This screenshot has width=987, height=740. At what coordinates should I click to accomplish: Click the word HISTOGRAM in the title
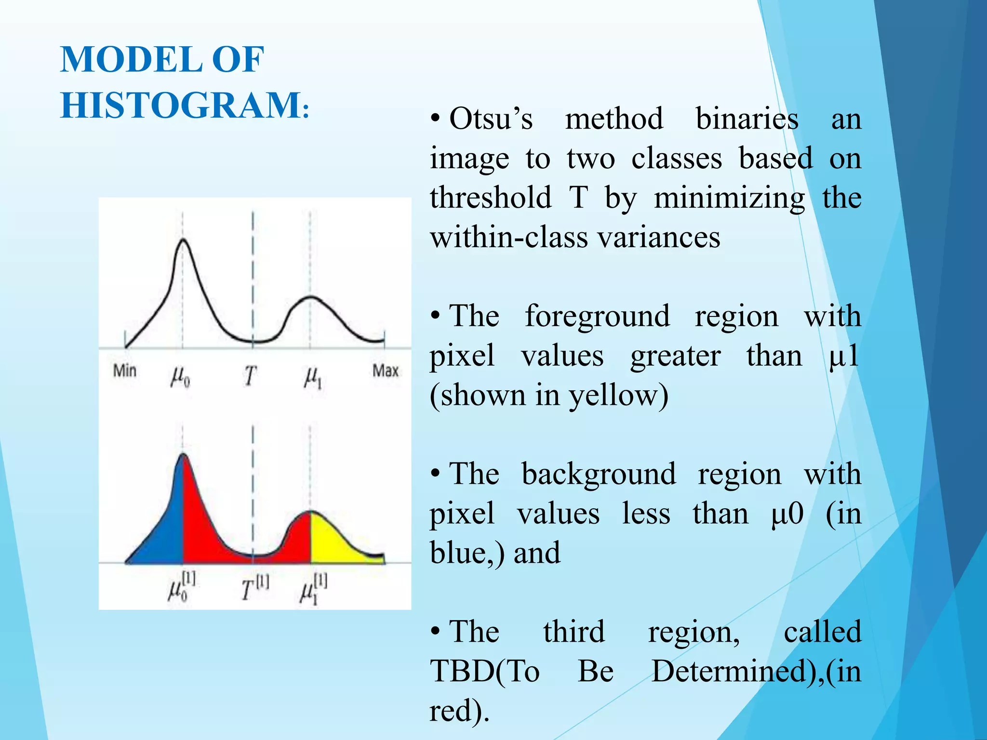[181, 105]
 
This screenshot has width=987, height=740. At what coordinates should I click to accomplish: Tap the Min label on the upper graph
[125, 370]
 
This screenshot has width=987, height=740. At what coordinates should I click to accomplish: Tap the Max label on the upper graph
[386, 370]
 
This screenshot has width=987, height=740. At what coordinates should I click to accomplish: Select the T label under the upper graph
[250, 376]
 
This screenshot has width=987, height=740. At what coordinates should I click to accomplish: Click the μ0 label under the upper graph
[180, 377]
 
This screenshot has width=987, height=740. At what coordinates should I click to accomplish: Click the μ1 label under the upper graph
[313, 377]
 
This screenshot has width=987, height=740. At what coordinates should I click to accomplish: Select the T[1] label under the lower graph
[254, 588]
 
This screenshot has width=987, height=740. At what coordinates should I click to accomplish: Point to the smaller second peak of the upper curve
[311, 297]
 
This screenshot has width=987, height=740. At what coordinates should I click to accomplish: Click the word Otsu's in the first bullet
[491, 119]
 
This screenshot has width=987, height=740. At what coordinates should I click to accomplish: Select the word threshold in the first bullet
[491, 198]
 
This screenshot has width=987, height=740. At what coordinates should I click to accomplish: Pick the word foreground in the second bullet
[597, 317]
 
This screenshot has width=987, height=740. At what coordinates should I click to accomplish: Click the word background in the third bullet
[599, 474]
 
